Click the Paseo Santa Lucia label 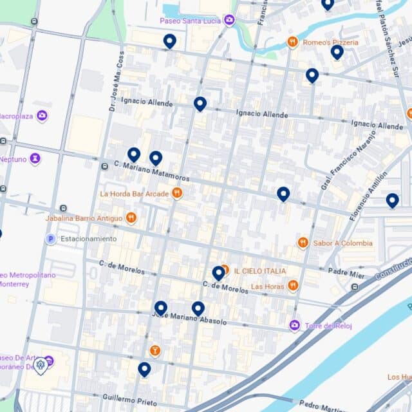[x=191, y=21]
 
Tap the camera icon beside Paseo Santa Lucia [x=230, y=21]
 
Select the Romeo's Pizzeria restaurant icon [x=292, y=42]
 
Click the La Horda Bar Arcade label [x=134, y=193]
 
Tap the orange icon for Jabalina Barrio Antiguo [x=131, y=218]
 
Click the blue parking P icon [x=50, y=239]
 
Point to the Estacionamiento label [x=88, y=239]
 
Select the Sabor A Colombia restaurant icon [x=303, y=243]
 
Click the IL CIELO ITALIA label [x=259, y=271]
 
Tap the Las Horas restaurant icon [x=293, y=286]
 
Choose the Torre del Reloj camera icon [x=294, y=326]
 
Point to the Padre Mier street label [x=346, y=272]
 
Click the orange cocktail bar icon [x=154, y=351]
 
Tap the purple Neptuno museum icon [x=35, y=158]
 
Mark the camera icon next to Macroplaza [x=42, y=116]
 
